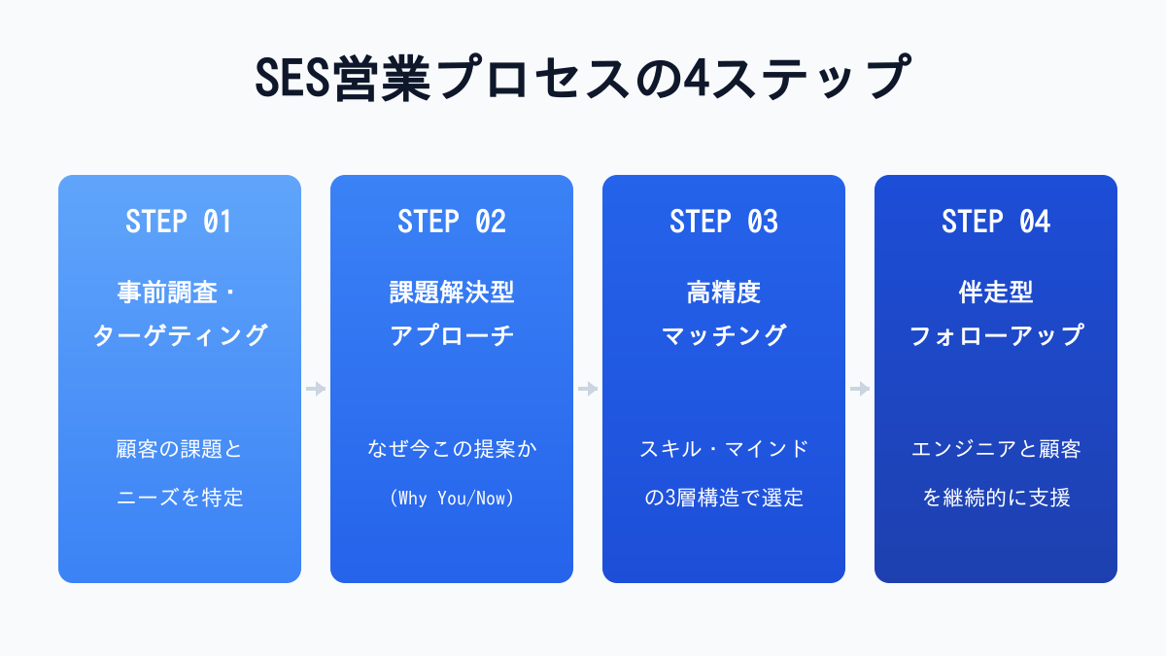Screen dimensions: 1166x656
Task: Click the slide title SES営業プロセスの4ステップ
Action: [583, 78]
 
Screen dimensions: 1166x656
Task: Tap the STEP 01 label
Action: [179, 222]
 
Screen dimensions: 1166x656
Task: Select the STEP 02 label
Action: [451, 222]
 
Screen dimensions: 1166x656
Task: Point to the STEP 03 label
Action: [724, 222]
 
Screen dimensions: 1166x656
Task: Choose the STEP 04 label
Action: [996, 222]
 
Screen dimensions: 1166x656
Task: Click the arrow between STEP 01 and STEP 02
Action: [316, 389]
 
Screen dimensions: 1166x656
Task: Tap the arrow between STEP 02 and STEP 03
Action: [588, 389]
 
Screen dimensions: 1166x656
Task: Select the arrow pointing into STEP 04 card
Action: [860, 389]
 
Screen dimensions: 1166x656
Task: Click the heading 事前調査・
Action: [177, 293]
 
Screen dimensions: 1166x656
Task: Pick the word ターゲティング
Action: [180, 335]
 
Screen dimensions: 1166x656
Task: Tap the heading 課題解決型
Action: [452, 293]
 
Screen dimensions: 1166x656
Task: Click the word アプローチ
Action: [452, 335]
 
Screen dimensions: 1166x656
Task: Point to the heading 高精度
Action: [724, 293]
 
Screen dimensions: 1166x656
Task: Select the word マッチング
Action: [724, 335]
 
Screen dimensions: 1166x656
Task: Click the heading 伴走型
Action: [996, 293]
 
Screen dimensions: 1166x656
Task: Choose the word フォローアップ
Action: [996, 335]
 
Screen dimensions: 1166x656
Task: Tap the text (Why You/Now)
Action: [452, 498]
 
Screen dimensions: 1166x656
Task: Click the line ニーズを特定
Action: [180, 498]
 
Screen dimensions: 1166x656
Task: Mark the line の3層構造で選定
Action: [724, 498]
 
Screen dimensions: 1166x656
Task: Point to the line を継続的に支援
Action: [996, 498]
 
